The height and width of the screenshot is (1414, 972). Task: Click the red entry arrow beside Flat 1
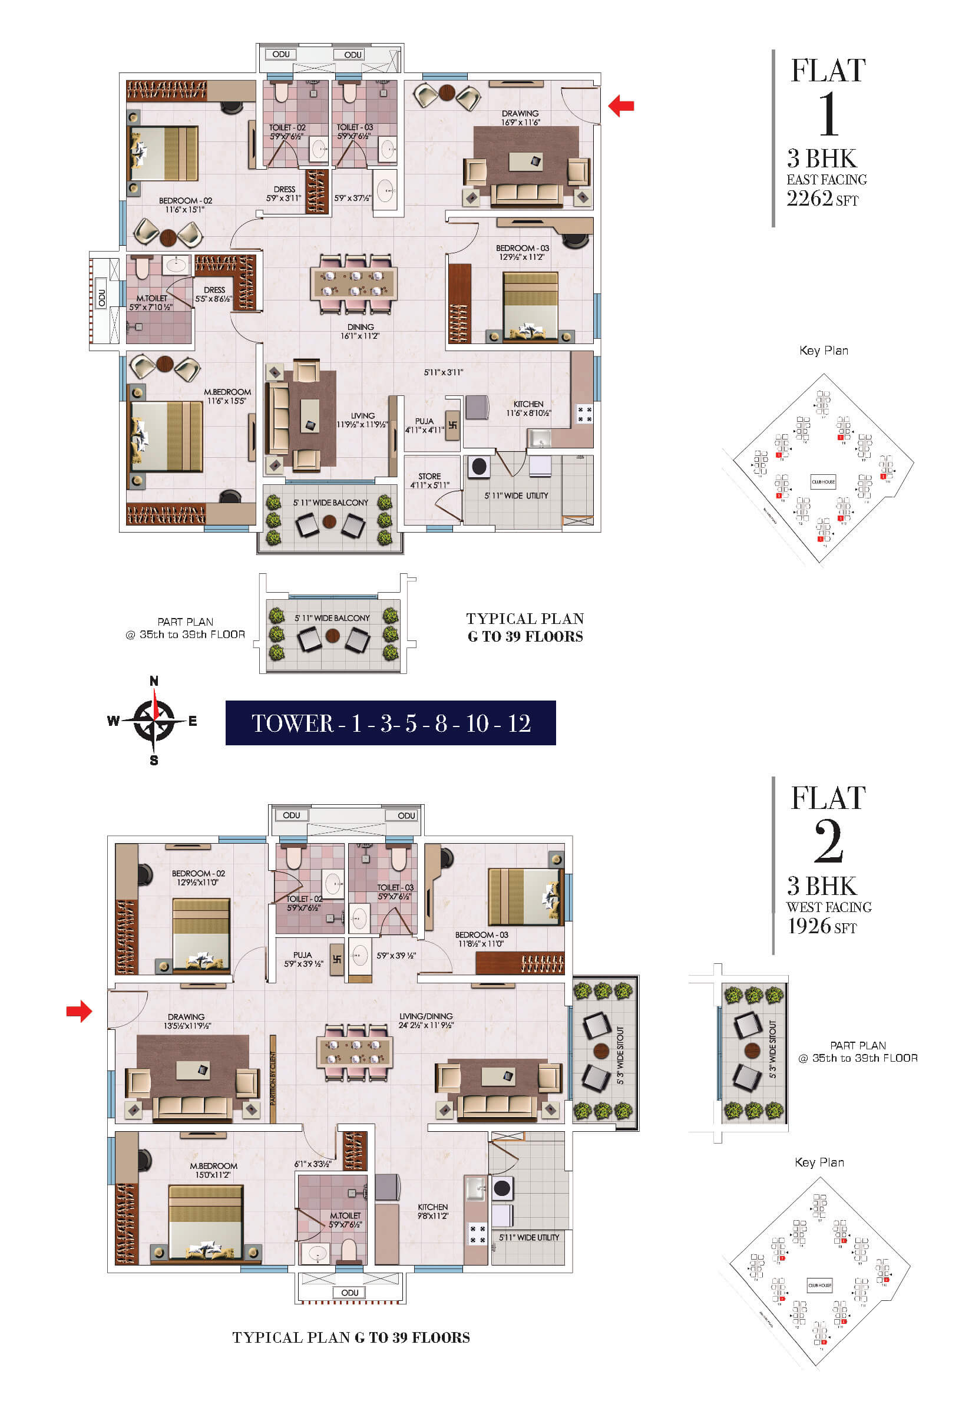pos(621,105)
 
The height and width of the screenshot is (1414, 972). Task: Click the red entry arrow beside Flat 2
pos(79,1012)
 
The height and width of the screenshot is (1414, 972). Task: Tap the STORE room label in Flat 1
pos(429,476)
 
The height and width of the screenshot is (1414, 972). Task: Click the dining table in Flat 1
pos(353,284)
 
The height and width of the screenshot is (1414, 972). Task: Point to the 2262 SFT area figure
pos(822,199)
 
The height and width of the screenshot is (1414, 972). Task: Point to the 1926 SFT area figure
pos(822,926)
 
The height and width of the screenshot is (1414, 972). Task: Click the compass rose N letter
pos(154,681)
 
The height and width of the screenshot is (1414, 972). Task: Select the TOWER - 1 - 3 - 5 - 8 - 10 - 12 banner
pos(391,723)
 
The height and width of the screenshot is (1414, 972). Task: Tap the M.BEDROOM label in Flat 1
pos(227,392)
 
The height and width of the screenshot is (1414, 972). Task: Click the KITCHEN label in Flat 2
pos(432,1207)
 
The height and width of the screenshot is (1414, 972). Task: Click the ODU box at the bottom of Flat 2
pos(349,1292)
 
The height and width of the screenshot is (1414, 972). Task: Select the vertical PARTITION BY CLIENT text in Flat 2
pos(273,1078)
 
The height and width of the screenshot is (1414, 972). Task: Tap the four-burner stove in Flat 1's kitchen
pos(584,414)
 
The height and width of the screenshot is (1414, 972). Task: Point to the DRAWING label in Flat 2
pos(186,1017)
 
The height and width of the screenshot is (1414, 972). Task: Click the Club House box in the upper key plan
pos(823,482)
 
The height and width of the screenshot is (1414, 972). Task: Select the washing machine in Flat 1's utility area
pos(480,466)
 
